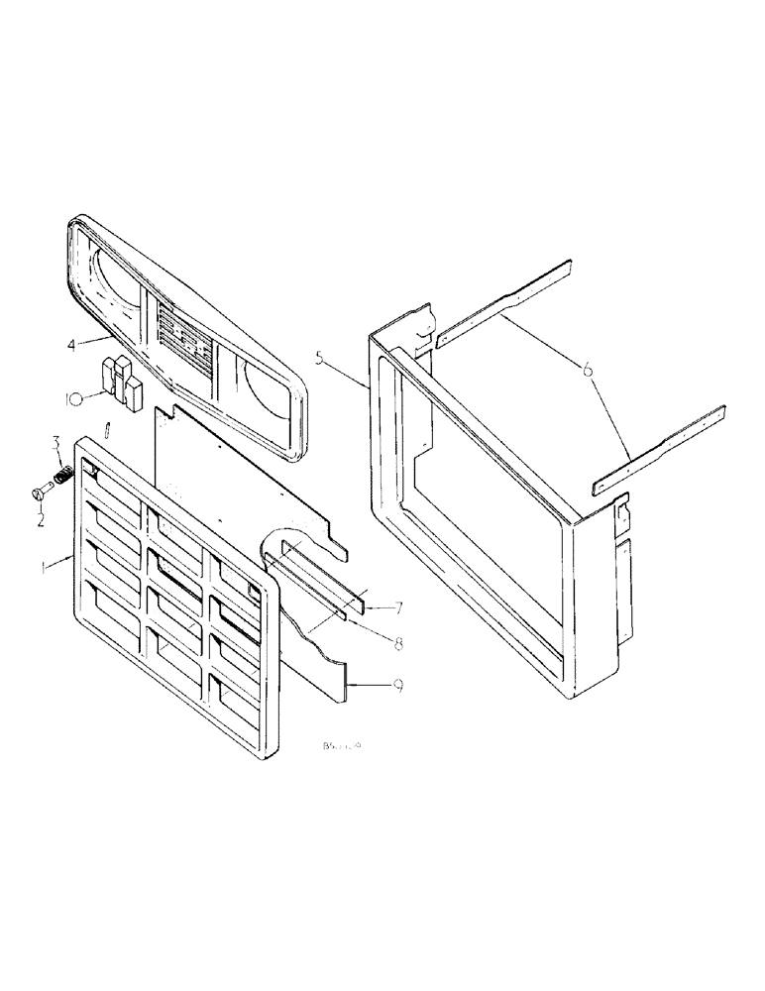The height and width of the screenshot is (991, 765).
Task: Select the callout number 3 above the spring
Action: tap(56, 440)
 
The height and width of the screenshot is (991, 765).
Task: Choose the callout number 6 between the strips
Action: tap(589, 370)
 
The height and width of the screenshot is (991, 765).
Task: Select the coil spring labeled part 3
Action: tap(60, 478)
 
